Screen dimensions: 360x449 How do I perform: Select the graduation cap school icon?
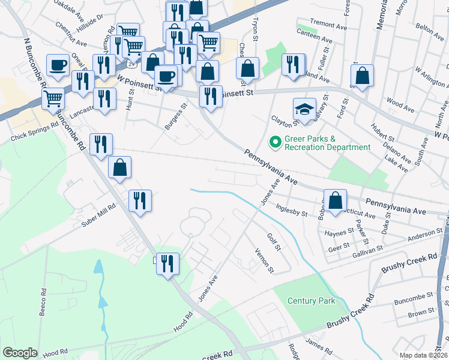click(304, 109)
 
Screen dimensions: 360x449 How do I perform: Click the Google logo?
click(20, 353)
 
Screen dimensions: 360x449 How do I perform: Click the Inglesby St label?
click(291, 211)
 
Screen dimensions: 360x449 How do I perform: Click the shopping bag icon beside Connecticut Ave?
click(336, 200)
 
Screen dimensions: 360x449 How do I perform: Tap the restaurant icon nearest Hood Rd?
click(168, 263)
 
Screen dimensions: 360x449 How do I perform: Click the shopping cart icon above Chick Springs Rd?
click(53, 98)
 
